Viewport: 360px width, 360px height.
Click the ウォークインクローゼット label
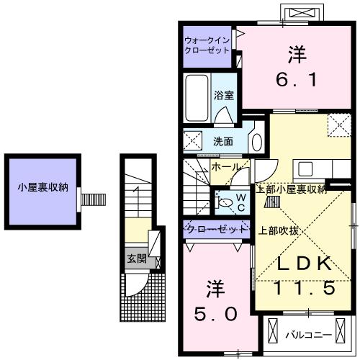(207, 45)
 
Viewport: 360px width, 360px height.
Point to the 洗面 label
(222, 141)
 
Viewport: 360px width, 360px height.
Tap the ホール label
(225, 167)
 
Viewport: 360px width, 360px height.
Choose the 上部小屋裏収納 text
(292, 189)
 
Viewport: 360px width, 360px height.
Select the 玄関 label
(136, 258)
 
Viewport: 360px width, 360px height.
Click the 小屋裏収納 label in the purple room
(42, 188)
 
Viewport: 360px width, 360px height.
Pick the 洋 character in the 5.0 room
(215, 289)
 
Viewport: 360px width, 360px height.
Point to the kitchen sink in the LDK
(305, 168)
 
